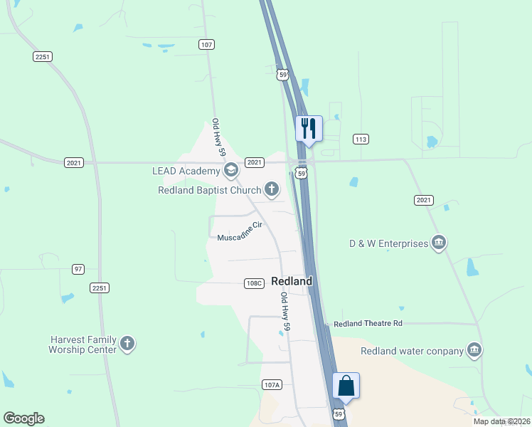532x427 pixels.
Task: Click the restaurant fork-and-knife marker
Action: pos(309,129)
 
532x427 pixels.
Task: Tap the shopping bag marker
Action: pos(346,386)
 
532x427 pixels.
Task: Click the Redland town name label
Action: pos(292,281)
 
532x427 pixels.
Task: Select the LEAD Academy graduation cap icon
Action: pos(230,170)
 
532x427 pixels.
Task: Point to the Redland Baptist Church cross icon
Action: pos(271,189)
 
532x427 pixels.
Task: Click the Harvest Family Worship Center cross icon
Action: pos(127,344)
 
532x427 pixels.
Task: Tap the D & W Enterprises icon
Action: pos(439,243)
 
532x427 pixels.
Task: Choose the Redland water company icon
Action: pos(474,350)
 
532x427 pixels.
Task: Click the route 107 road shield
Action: pos(206,44)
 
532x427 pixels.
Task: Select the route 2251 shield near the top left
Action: pos(43,56)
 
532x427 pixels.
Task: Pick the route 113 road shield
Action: pos(361,139)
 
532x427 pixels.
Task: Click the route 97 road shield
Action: pos(78,268)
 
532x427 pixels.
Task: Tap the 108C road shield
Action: pos(255,283)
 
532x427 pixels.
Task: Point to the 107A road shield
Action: pos(272,384)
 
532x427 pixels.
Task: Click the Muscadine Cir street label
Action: pos(240,231)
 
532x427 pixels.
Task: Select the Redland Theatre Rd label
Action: pos(368,323)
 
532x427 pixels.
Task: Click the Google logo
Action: pos(23,418)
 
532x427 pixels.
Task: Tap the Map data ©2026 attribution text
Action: pos(501,421)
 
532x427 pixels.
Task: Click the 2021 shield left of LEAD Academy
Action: pos(74,162)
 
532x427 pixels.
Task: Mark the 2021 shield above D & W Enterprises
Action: pos(423,200)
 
